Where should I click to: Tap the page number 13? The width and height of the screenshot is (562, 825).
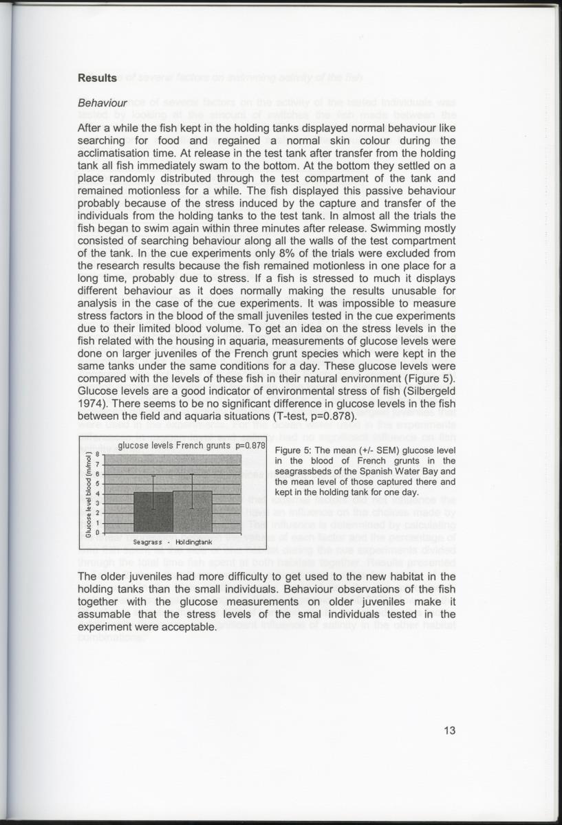(x=448, y=731)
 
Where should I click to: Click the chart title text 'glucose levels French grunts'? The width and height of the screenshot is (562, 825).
(x=175, y=445)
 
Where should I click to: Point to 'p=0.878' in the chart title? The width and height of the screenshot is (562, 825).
(x=250, y=445)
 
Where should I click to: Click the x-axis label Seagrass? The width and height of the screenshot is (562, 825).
(x=148, y=542)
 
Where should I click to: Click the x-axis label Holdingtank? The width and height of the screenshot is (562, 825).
(x=194, y=542)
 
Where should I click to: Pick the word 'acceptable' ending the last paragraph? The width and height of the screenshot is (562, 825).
(x=183, y=628)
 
